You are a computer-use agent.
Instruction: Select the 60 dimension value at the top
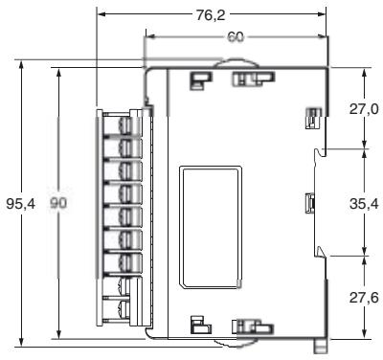(236, 36)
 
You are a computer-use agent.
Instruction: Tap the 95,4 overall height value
(18, 205)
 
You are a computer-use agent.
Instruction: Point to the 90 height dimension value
(58, 205)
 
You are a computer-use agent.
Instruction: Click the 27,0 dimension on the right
(364, 109)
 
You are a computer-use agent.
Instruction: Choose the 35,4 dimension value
(364, 203)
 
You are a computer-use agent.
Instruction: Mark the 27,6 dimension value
(364, 298)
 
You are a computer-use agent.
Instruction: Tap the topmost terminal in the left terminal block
(125, 124)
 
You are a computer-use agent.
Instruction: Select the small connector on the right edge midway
(309, 202)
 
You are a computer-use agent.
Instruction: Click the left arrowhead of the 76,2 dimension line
(101, 15)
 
